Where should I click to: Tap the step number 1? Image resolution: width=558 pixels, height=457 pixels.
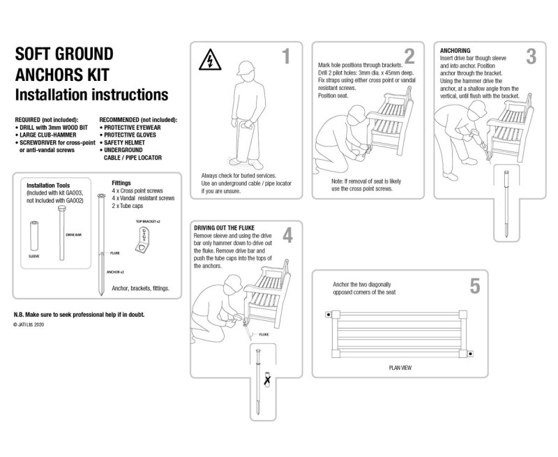point(285,57)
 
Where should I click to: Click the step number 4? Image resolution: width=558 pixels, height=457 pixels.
point(287,236)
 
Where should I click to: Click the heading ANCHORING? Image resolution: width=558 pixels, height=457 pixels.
point(455,51)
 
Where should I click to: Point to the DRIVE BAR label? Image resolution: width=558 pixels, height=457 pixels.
point(74,235)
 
